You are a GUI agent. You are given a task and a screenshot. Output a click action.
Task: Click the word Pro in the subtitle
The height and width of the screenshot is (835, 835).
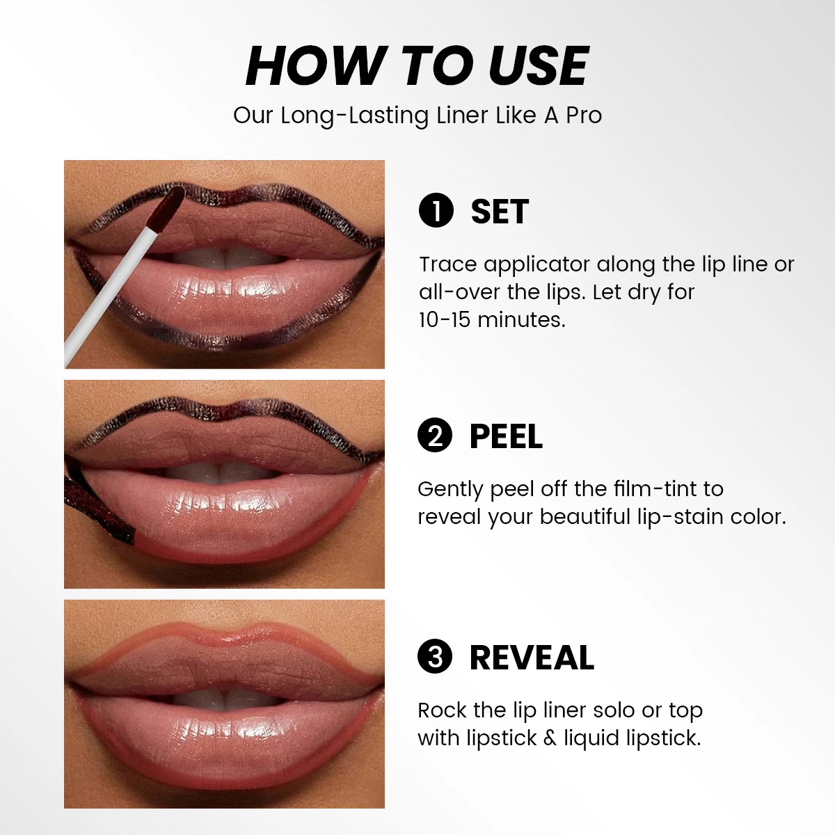coord(583,116)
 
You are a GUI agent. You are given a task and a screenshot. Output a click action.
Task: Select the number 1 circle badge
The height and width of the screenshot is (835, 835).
coord(436,212)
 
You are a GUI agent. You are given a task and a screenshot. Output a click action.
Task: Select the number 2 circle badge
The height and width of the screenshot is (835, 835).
coord(435,436)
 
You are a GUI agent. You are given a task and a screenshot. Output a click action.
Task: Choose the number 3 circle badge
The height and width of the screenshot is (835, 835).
coord(435,657)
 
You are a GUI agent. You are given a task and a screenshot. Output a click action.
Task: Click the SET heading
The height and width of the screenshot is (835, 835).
coord(500,212)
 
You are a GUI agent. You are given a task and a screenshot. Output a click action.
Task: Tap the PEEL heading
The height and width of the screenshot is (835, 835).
coord(506,436)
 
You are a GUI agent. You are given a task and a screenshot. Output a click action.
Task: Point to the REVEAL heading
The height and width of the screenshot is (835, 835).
coord(532,658)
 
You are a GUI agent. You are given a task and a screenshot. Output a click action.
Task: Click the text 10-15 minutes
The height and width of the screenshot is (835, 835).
coord(492,319)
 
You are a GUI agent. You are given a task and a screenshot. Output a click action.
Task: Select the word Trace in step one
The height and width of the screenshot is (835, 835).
coord(448,264)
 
